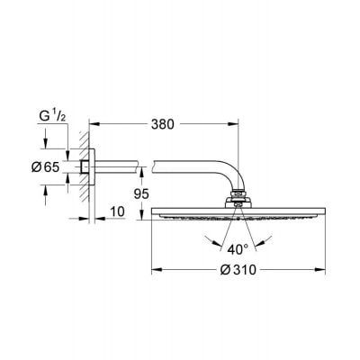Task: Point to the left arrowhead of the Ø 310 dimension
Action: pyautogui.click(x=154, y=268)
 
